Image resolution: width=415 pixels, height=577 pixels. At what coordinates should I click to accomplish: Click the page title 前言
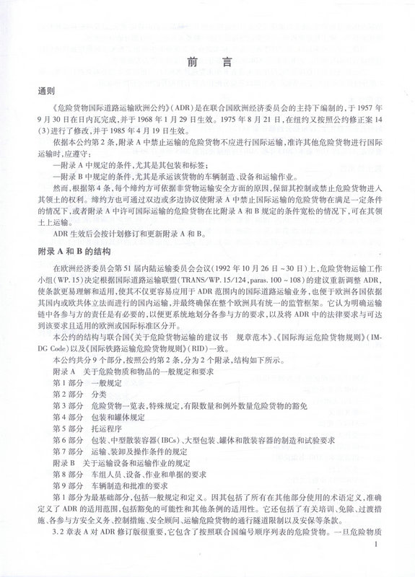[x=208, y=63]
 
